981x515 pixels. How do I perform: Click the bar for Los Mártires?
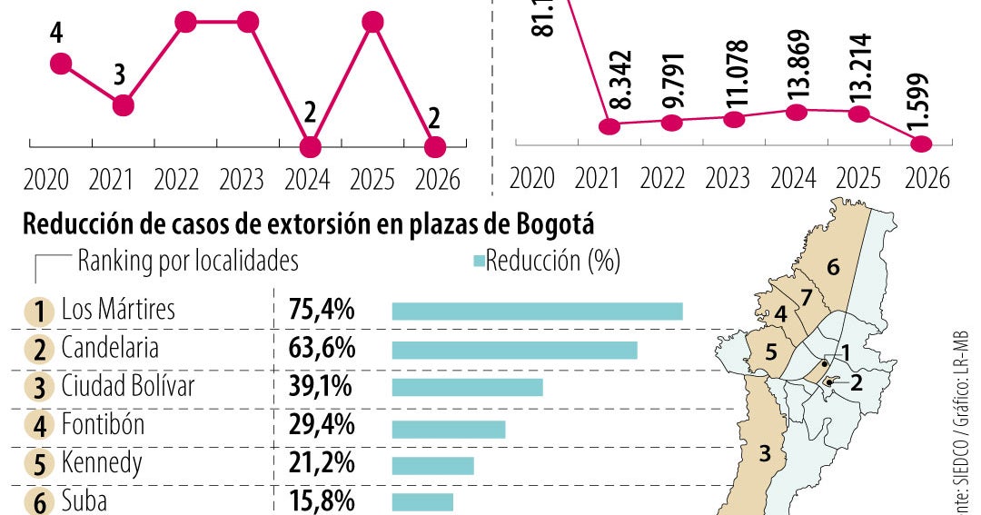537,312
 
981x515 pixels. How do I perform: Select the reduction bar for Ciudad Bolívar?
467,388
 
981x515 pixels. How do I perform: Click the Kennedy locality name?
102,464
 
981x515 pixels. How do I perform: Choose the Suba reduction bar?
422,502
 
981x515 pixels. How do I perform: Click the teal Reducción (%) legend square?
479,262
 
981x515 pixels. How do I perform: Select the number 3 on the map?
765,451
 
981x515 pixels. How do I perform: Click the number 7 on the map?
805,297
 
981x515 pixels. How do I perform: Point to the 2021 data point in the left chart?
124,105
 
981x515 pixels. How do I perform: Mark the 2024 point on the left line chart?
310,146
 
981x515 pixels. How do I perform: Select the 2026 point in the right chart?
921,144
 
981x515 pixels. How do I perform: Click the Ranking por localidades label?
188,262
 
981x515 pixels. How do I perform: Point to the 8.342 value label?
621,82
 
